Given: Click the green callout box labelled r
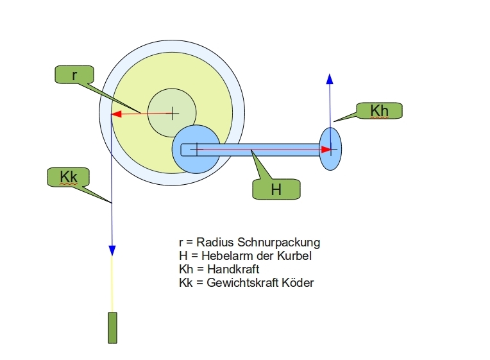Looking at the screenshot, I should click(x=74, y=74).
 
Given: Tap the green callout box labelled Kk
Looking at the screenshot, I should click(x=67, y=177).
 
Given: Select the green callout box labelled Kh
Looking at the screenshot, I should click(x=379, y=110).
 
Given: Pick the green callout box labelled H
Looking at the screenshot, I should click(x=276, y=189).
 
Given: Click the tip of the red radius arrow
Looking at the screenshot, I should click(x=114, y=115).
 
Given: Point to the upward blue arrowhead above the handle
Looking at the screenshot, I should click(x=330, y=78).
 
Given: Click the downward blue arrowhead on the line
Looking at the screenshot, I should click(x=112, y=250).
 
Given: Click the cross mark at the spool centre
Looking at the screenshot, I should click(x=172, y=114).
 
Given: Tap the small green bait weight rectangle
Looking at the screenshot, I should click(x=113, y=327).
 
